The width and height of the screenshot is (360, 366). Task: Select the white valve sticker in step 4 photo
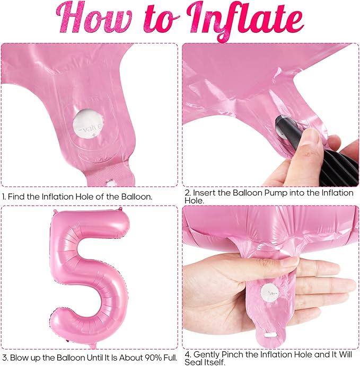pyautogui.click(x=270, y=293)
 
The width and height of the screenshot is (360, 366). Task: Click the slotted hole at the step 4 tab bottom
pyautogui.click(x=270, y=335)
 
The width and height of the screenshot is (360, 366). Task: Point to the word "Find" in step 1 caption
pyautogui.click(x=17, y=197)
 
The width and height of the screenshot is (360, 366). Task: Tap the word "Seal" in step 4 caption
pyautogui.click(x=193, y=362)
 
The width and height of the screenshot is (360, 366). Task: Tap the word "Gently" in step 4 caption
pyautogui.click(x=207, y=355)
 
